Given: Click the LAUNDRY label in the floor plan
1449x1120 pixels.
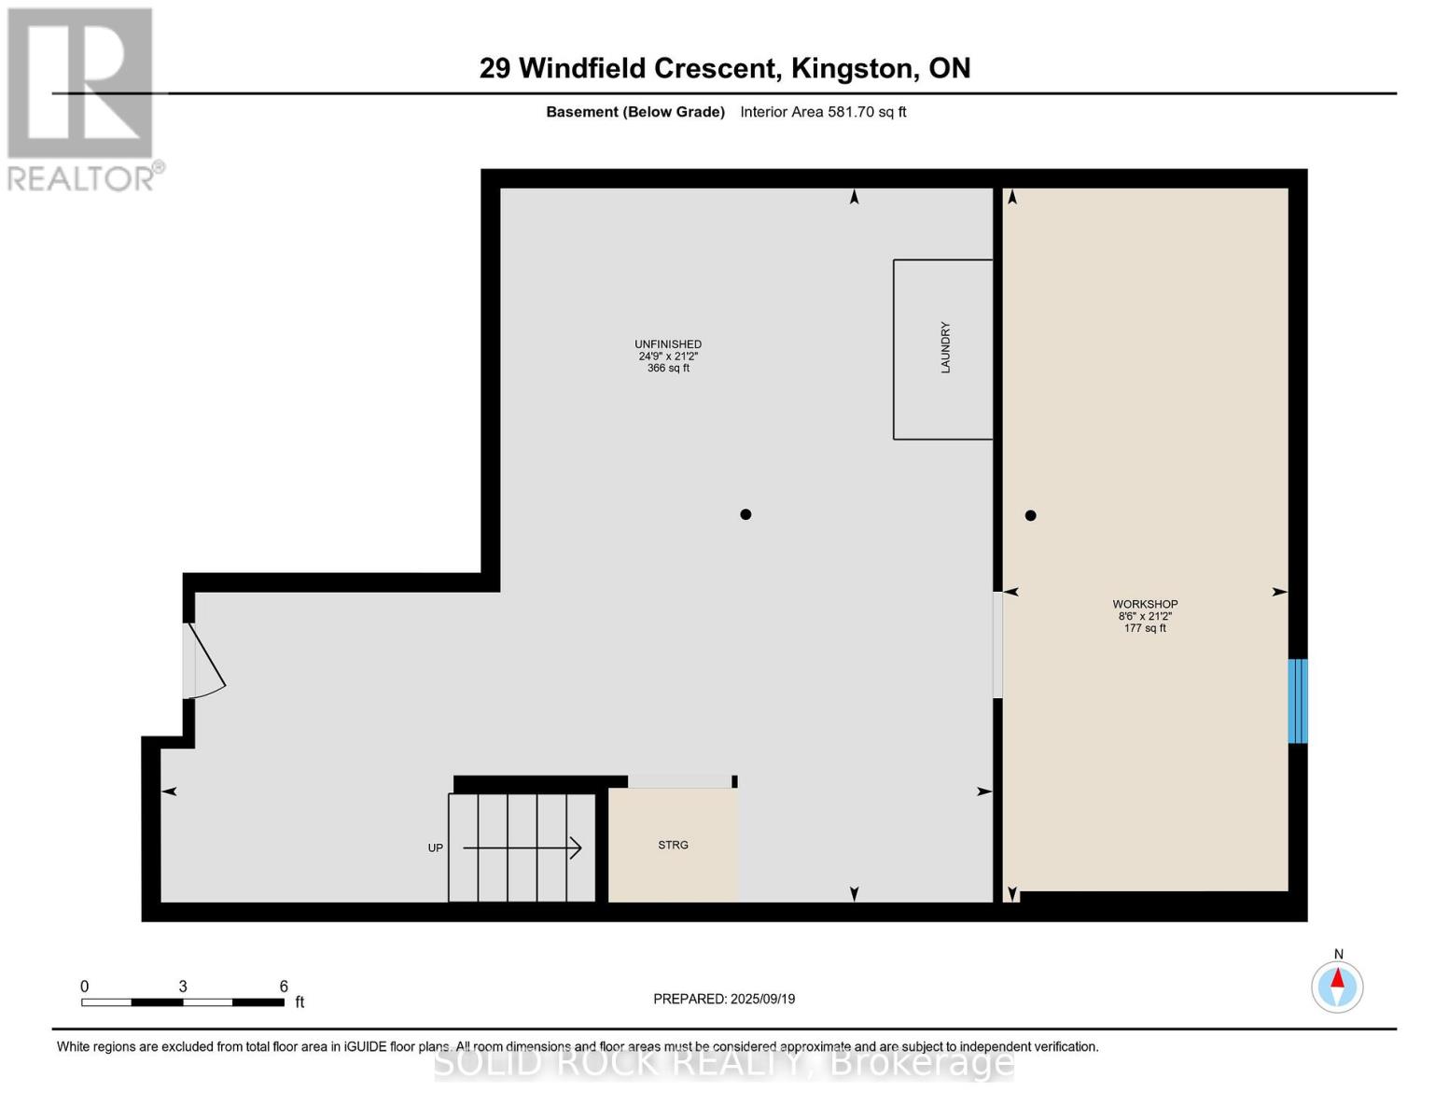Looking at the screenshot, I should tap(945, 348).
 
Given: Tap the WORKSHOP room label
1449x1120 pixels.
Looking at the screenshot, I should tap(1145, 604).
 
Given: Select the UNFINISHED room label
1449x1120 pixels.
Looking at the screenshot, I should tap(668, 344).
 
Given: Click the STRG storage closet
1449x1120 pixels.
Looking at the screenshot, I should tap(673, 846).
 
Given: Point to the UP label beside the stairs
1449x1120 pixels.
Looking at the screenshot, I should tap(436, 848).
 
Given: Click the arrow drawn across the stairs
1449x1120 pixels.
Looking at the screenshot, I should tap(522, 847).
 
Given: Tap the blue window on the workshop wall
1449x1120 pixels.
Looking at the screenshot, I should tap(1297, 701).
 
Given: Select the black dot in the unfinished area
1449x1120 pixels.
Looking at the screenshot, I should tap(745, 514).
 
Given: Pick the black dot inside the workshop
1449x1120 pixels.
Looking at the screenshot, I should tap(1030, 515).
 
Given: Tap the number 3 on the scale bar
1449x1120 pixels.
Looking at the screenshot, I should tap(183, 987).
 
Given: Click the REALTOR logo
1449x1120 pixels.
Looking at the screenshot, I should tap(82, 98).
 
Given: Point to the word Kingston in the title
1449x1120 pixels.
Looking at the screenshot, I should tap(852, 68).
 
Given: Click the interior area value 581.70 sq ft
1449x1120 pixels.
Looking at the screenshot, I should tap(867, 112).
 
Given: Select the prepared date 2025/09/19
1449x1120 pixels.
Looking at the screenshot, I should tap(762, 999).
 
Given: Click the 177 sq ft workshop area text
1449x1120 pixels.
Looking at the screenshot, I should tap(1145, 628).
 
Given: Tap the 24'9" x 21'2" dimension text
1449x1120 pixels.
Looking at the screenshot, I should tap(668, 357).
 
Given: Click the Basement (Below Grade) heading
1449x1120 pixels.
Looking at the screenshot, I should tap(635, 112).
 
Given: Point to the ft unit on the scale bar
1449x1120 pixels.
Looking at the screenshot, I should tap(300, 1002).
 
